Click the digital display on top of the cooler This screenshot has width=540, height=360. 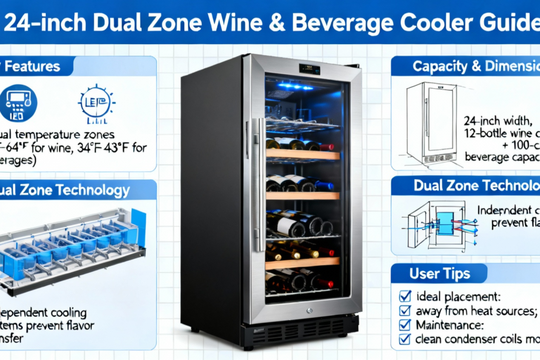pos(308,68)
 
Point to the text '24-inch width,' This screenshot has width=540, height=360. pos(499,121)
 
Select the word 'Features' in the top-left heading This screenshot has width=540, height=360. pos(38,66)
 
